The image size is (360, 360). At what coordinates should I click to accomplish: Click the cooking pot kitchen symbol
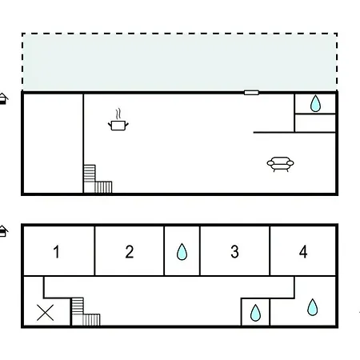coord(118,125)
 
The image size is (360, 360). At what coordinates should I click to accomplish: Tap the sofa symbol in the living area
coord(280,163)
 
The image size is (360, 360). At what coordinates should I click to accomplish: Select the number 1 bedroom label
coord(56,252)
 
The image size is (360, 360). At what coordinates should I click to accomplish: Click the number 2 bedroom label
coord(130,252)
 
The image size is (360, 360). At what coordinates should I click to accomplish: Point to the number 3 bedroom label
coord(234,252)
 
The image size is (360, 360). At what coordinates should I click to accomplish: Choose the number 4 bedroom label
coord(303,252)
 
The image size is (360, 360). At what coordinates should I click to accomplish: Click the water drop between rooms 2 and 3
coord(182,252)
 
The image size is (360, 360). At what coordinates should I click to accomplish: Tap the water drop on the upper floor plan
coord(315,103)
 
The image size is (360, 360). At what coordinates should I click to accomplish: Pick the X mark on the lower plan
coord(46,313)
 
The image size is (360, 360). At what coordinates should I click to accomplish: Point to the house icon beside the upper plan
coord(3,98)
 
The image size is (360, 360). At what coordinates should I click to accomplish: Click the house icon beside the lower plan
coord(3,231)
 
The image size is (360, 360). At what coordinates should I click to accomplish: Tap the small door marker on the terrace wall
coord(251,93)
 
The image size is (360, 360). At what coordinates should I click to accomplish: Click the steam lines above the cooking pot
coord(118,114)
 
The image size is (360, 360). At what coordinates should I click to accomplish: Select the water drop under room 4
coord(312,307)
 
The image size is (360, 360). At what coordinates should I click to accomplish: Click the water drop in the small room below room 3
coord(255,313)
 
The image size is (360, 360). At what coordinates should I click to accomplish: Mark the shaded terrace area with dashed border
coord(179,62)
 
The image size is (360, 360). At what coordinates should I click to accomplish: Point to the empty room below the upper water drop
coord(315,123)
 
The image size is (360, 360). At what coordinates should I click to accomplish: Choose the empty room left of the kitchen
coord(53,143)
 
